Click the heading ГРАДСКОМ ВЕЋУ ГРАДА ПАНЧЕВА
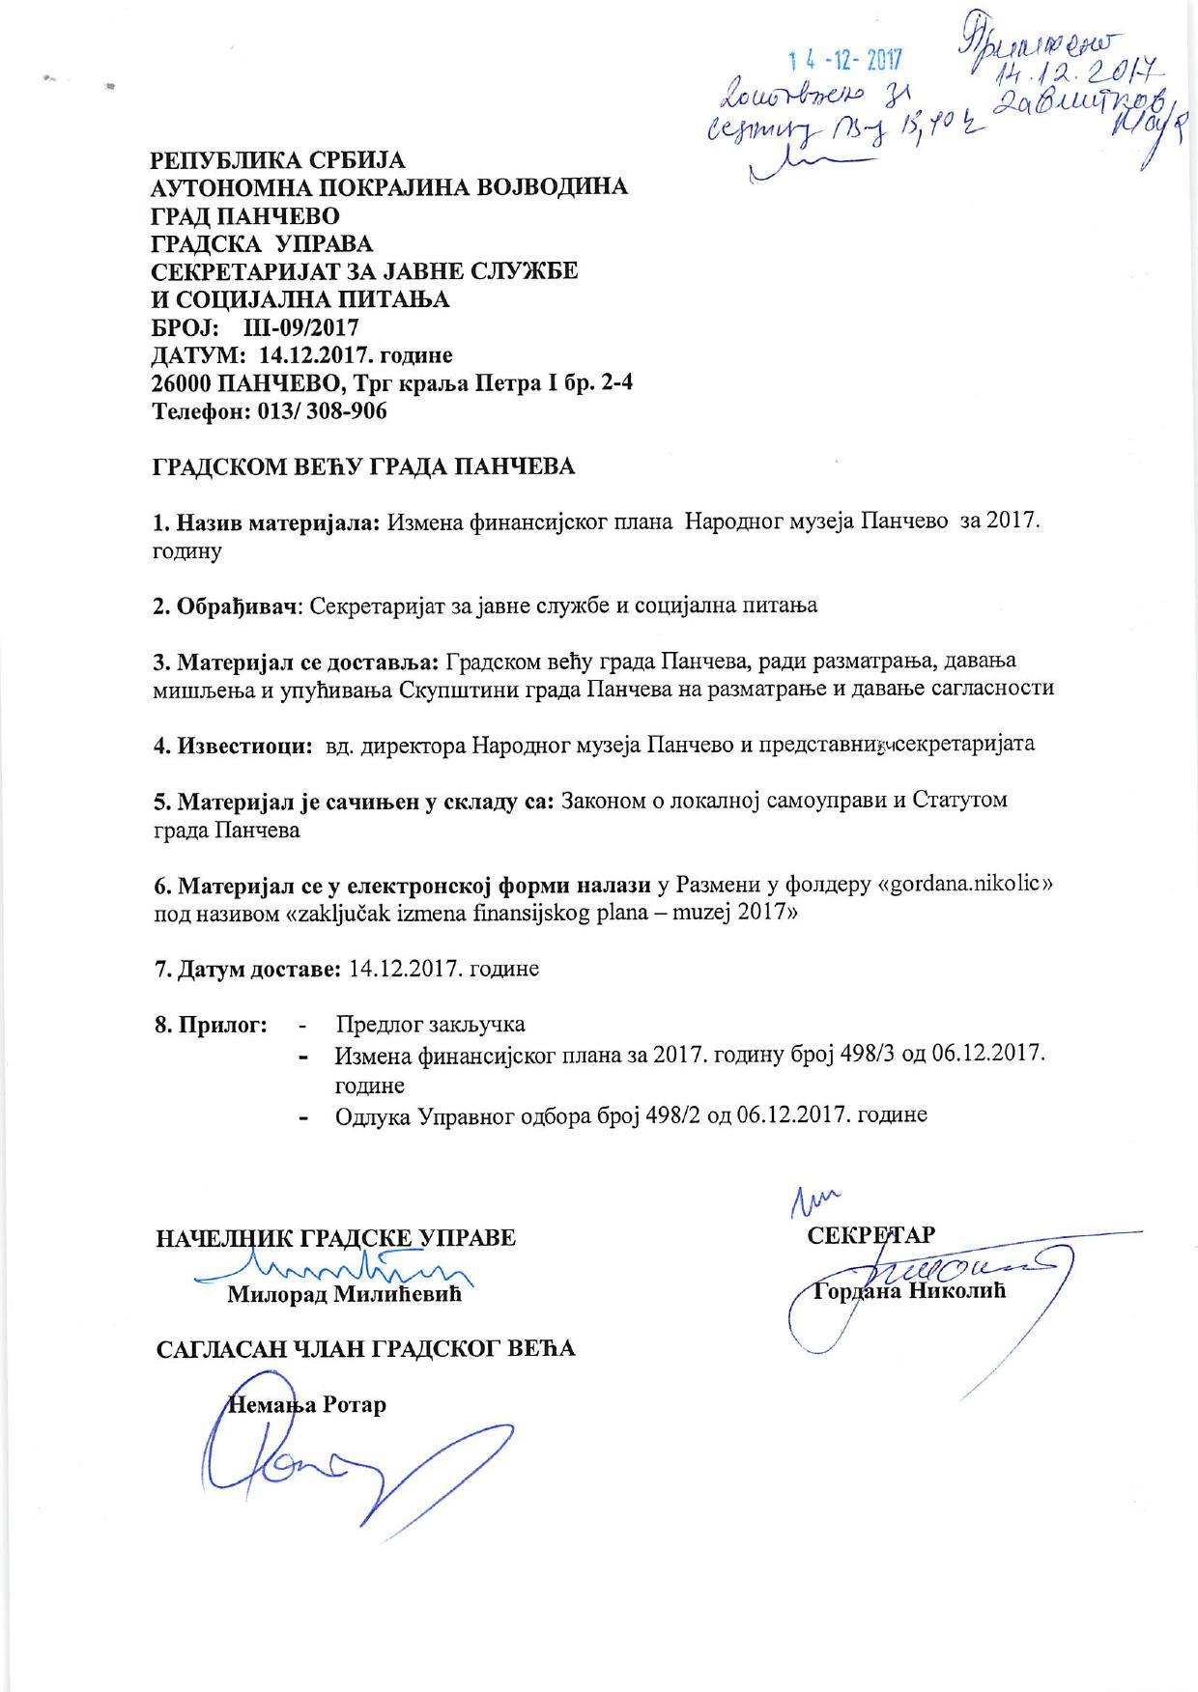point(364,467)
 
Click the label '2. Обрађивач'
point(229,606)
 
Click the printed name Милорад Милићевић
point(345,1295)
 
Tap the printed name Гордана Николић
point(909,1290)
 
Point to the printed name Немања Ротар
point(306,1404)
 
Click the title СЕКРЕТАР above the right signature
point(870,1236)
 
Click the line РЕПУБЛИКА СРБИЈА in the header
point(279,159)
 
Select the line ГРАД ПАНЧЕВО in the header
point(246,215)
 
